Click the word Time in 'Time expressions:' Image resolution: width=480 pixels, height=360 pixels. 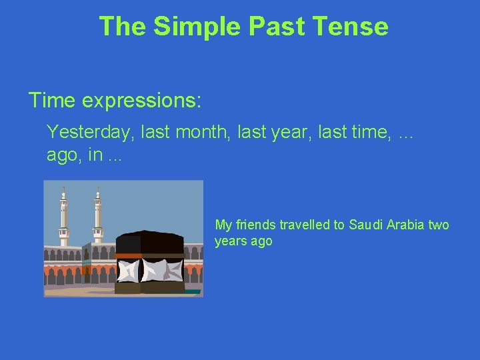click(x=52, y=100)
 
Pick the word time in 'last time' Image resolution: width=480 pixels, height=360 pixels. click(x=367, y=131)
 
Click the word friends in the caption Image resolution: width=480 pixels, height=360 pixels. click(x=256, y=225)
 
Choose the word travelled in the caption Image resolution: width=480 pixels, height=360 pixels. click(x=305, y=225)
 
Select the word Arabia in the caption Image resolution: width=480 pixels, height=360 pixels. click(x=406, y=225)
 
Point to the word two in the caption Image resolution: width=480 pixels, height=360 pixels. click(x=439, y=225)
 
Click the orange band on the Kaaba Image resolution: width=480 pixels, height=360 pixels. click(x=149, y=255)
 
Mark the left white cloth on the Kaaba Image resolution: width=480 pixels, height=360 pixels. click(x=129, y=269)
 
